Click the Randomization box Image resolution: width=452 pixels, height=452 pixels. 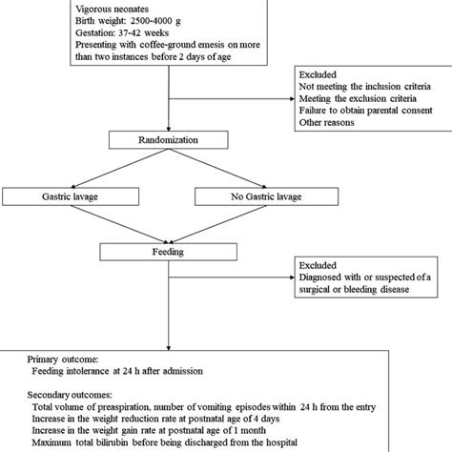pyautogui.click(x=169, y=140)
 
